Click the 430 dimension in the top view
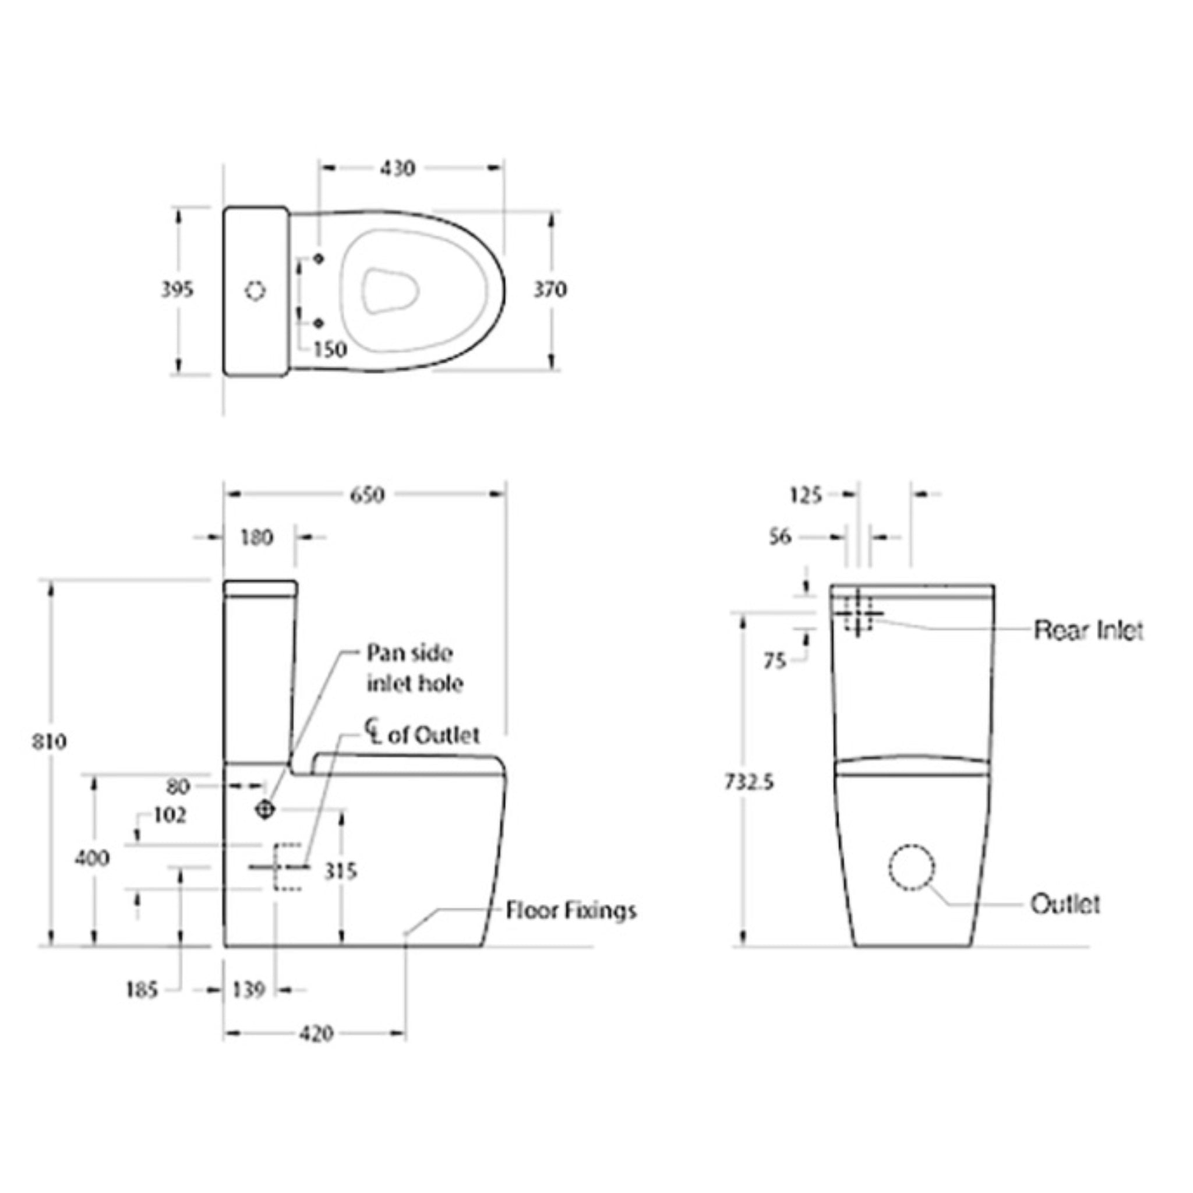click(x=397, y=168)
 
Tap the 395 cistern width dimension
click(x=177, y=290)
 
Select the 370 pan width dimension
click(x=549, y=290)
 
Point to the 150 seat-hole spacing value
click(x=330, y=350)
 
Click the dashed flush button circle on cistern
click(x=255, y=291)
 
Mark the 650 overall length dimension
click(x=367, y=495)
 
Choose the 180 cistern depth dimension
click(x=256, y=537)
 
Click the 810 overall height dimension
click(x=50, y=741)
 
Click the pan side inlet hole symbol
click(x=265, y=809)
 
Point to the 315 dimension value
click(x=340, y=871)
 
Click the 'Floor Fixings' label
click(x=570, y=911)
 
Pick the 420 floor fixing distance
click(x=316, y=1034)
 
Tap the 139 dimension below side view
click(x=248, y=990)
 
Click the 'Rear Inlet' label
click(x=1088, y=630)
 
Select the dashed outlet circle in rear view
click(x=912, y=867)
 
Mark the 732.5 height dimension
click(x=749, y=782)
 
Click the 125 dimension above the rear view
click(x=806, y=495)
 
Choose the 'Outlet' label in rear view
click(x=1065, y=905)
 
